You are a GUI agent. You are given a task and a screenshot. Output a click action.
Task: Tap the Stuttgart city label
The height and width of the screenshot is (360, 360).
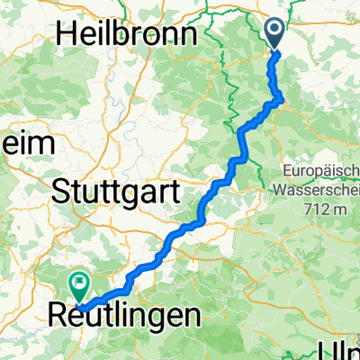pyautogui.click(x=117, y=191)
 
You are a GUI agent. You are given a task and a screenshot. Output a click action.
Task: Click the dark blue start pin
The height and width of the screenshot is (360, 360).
pyautogui.click(x=276, y=34)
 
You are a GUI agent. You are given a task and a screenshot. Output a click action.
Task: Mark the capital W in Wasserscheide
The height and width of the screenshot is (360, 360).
pyautogui.click(x=274, y=190)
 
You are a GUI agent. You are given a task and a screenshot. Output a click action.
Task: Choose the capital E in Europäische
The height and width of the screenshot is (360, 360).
pyautogui.click(x=287, y=167)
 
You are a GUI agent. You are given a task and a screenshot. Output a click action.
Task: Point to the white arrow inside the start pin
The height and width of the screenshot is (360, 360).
pyautogui.click(x=276, y=31)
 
